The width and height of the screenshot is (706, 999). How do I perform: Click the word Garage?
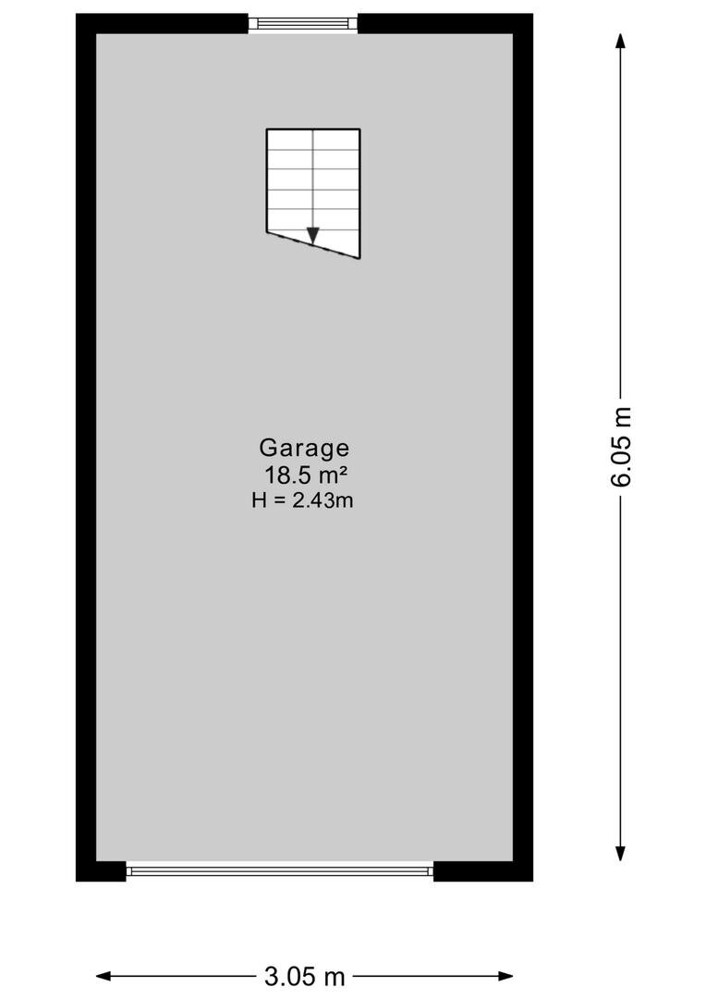pos(304,450)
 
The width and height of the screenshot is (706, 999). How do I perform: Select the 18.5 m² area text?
pos(306,475)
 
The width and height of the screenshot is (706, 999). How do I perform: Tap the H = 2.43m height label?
pos(302,500)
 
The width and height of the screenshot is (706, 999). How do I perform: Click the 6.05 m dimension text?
pos(621,446)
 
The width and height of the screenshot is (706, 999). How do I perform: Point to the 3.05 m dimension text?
pos(304,976)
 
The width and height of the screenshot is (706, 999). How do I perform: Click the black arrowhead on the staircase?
pos(312,235)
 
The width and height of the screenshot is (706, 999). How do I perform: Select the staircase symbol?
pos(313,193)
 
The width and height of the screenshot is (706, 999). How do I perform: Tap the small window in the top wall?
pos(303,23)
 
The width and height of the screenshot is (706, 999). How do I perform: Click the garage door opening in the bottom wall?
pos(279,870)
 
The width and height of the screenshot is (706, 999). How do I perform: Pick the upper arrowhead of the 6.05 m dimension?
pos(621,40)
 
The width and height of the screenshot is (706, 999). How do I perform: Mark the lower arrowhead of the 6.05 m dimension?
pos(621,854)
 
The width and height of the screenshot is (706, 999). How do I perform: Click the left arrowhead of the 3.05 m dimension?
pos(104,976)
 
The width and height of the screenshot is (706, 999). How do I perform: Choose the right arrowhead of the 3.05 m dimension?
pos(505,976)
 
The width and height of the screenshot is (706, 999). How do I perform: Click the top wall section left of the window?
pos(163,23)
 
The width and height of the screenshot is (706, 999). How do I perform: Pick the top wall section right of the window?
pos(445,23)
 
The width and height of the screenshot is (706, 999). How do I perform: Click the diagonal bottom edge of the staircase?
pos(314,245)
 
